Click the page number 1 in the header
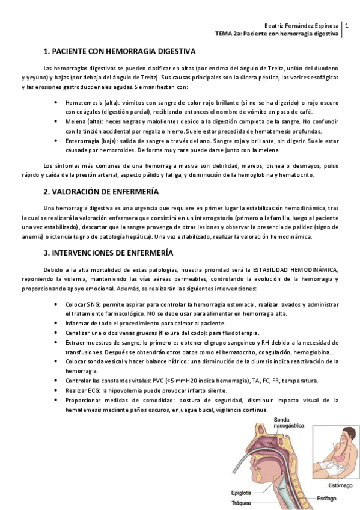[347, 26]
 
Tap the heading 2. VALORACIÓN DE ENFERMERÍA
[101, 192]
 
